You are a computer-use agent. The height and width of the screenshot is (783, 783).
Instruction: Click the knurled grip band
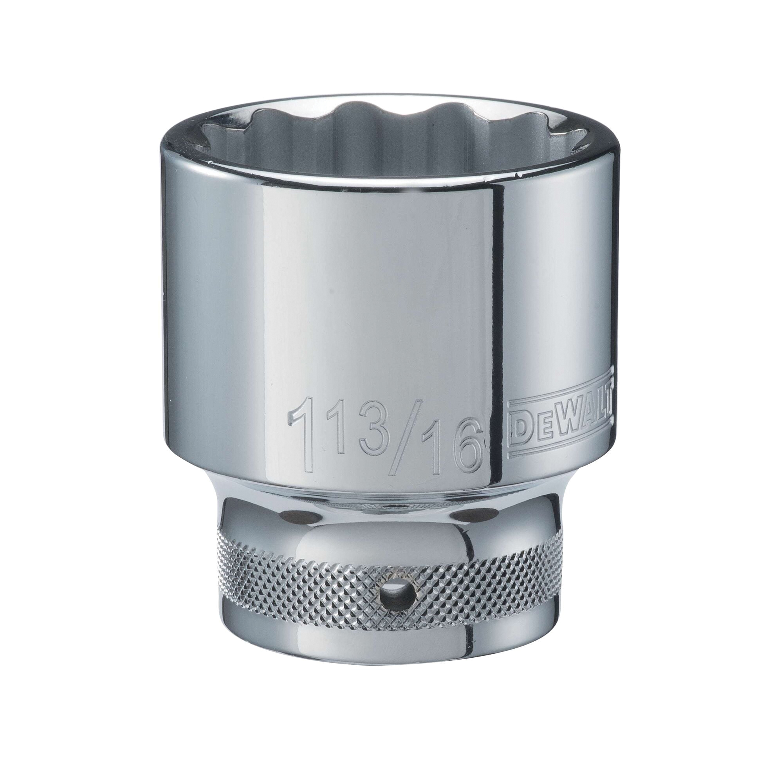[284, 584]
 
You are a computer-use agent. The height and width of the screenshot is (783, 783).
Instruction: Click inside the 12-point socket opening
[389, 134]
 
